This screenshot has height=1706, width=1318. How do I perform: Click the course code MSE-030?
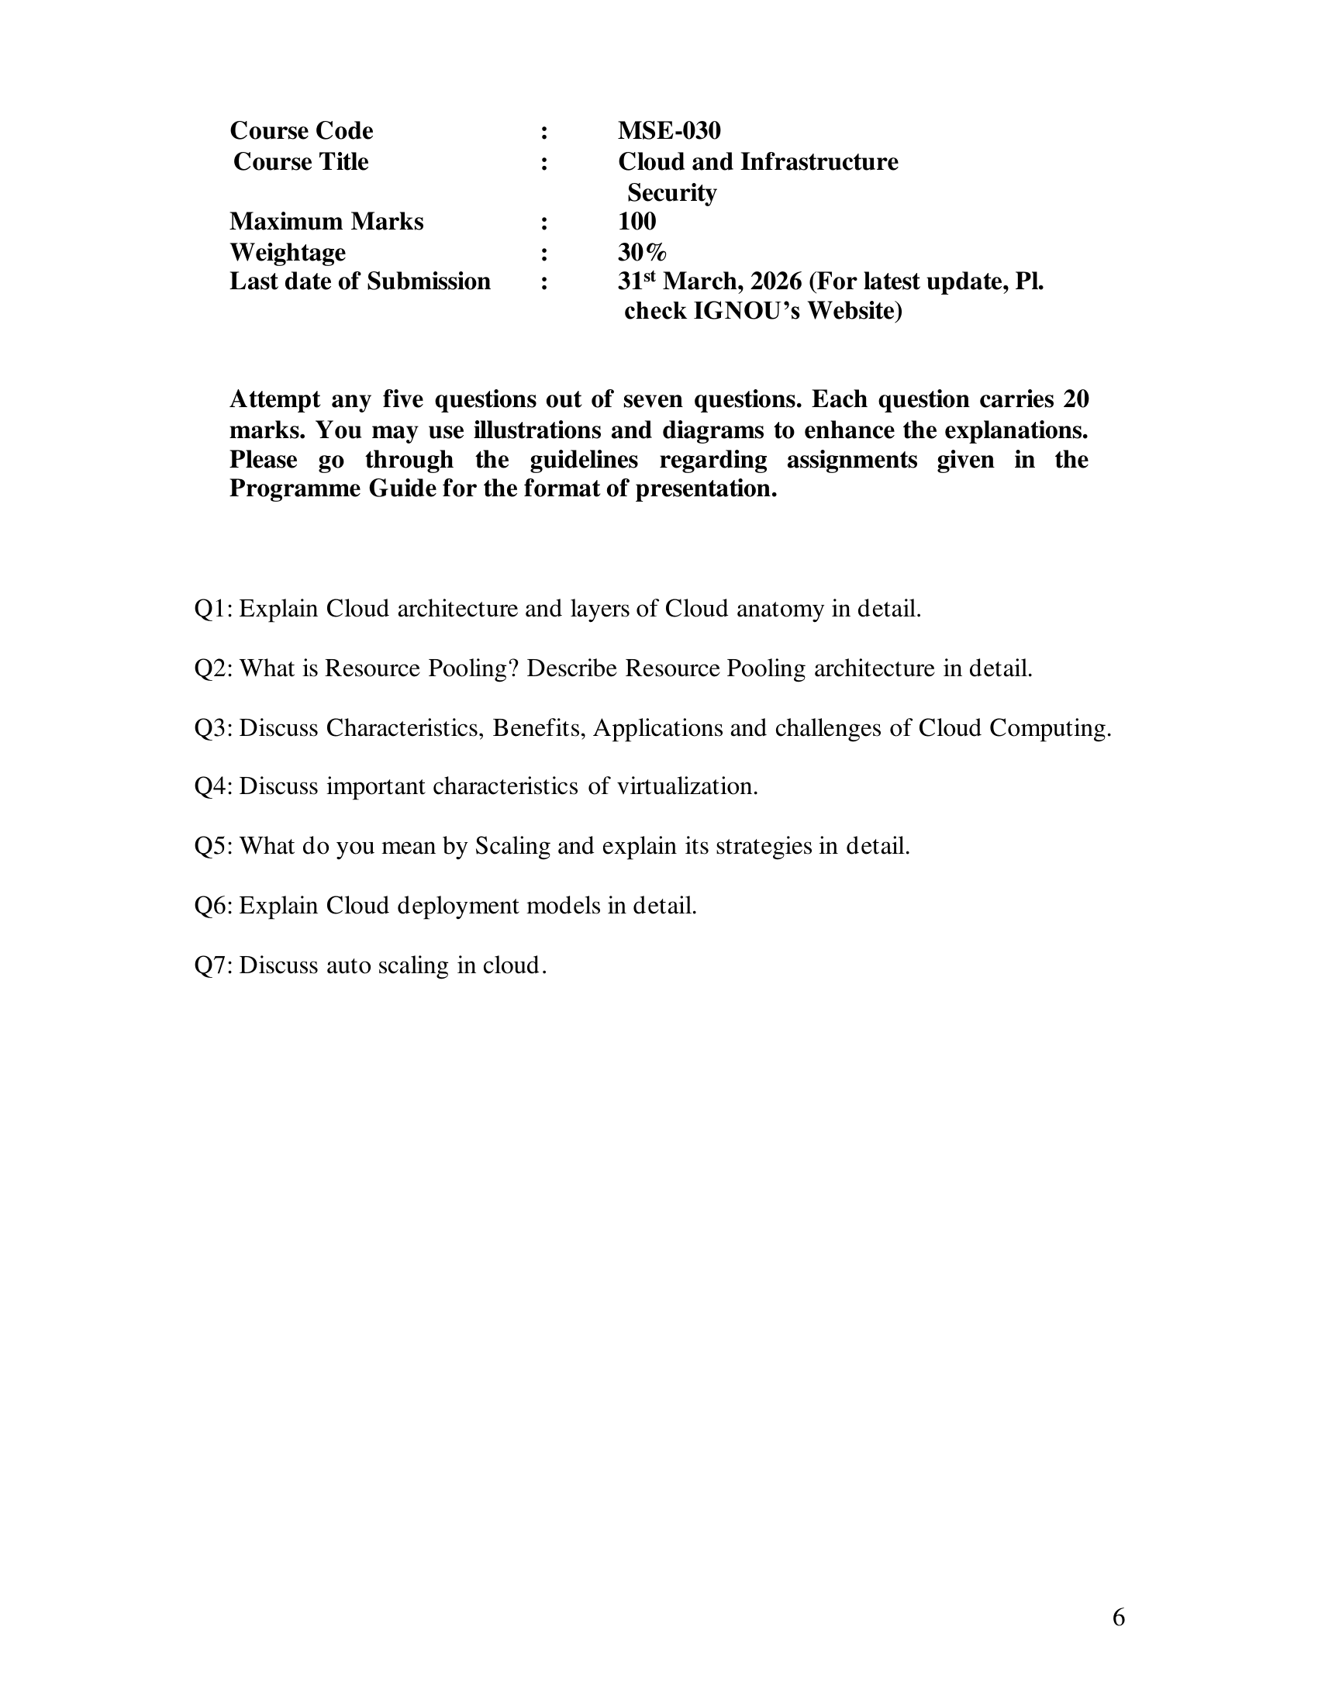[x=669, y=130]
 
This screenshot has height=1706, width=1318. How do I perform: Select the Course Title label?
[x=301, y=162]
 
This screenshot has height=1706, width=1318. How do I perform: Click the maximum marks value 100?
[x=637, y=222]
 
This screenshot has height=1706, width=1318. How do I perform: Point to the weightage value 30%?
[x=642, y=252]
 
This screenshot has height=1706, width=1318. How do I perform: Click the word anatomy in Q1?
[x=780, y=609]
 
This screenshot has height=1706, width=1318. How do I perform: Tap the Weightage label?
[x=288, y=252]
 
